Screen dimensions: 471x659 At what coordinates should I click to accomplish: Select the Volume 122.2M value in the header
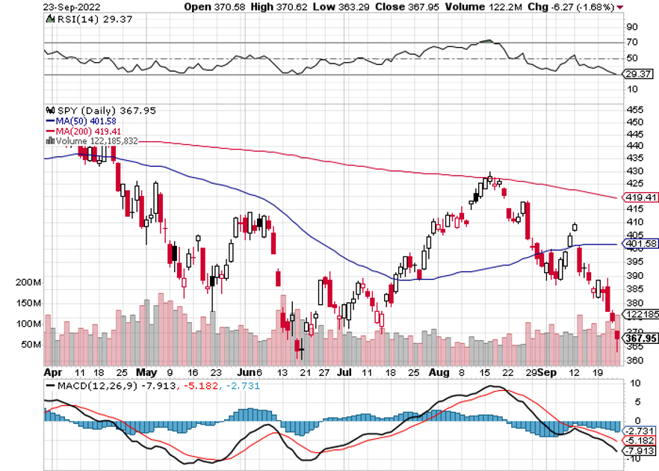pyautogui.click(x=474, y=7)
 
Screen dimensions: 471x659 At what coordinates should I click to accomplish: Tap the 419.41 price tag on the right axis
pyautogui.click(x=640, y=197)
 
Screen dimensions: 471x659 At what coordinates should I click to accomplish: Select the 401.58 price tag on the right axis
pyautogui.click(x=640, y=244)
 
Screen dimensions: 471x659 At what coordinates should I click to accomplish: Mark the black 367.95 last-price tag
pyautogui.click(x=640, y=338)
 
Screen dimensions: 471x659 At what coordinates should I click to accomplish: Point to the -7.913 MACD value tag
pyautogui.click(x=640, y=452)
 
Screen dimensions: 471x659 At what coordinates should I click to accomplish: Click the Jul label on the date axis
pyautogui.click(x=344, y=371)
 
